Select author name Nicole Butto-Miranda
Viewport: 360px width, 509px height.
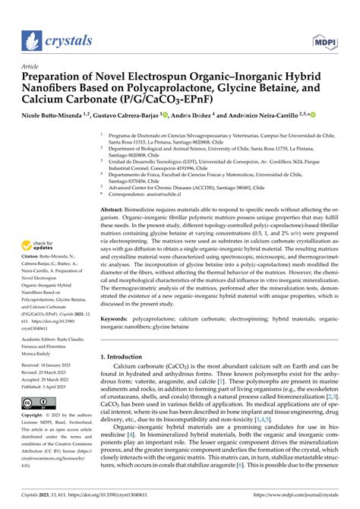[x=54, y=114]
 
